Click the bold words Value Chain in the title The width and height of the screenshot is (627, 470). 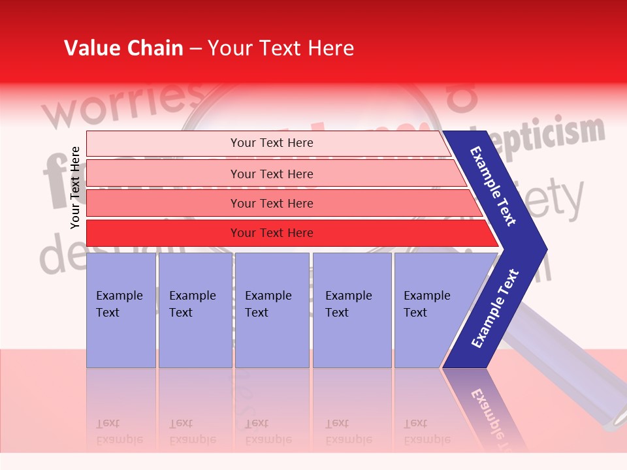(123, 48)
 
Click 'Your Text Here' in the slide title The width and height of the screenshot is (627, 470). (281, 48)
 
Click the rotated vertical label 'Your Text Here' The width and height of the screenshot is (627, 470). (75, 187)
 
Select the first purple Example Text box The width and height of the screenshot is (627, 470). (121, 310)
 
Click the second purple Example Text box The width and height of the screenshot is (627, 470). (195, 310)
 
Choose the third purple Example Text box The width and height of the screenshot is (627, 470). (271, 310)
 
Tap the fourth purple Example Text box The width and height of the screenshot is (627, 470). (351, 310)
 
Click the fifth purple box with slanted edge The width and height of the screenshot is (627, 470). (431, 310)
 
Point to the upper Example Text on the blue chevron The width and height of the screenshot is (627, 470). (493, 186)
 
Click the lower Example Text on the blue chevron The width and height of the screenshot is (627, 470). (495, 308)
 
